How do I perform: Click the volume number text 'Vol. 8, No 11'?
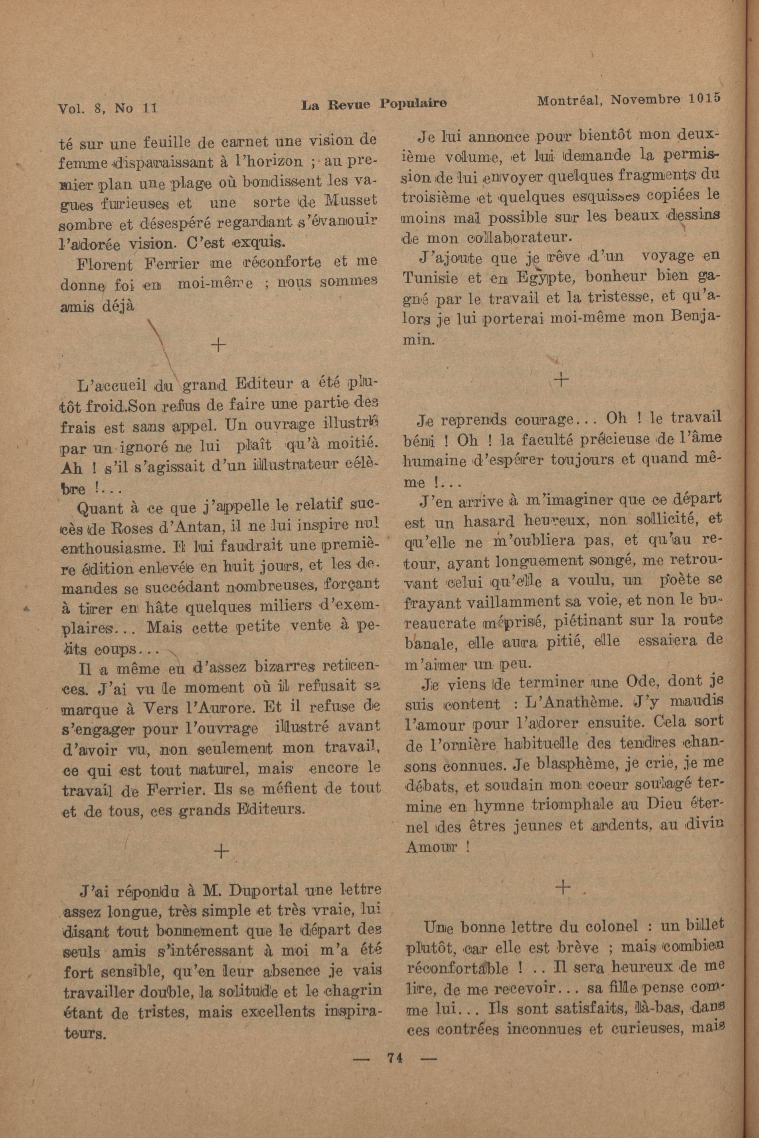click(x=107, y=107)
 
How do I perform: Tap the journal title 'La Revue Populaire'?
click(x=373, y=104)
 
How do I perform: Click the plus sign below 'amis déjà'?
click(x=219, y=345)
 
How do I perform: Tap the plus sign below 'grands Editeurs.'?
click(x=221, y=852)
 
